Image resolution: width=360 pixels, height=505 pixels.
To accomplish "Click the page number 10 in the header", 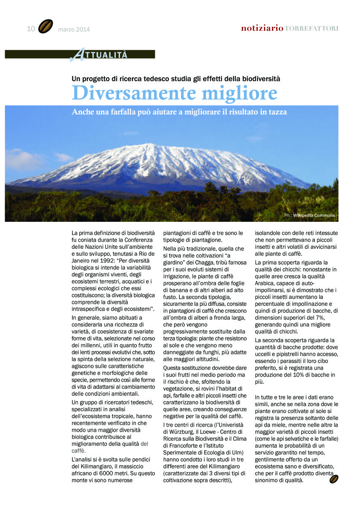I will (x=31, y=29).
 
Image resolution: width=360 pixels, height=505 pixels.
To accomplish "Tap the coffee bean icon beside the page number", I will (x=45, y=27).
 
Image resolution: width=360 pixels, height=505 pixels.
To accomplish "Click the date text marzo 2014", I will (x=74, y=29).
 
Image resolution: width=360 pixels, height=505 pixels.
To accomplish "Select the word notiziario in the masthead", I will (x=262, y=29).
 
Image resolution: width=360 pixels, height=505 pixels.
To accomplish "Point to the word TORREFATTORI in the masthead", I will (x=312, y=29).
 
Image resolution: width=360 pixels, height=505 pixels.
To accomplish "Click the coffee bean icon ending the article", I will (x=334, y=479).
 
